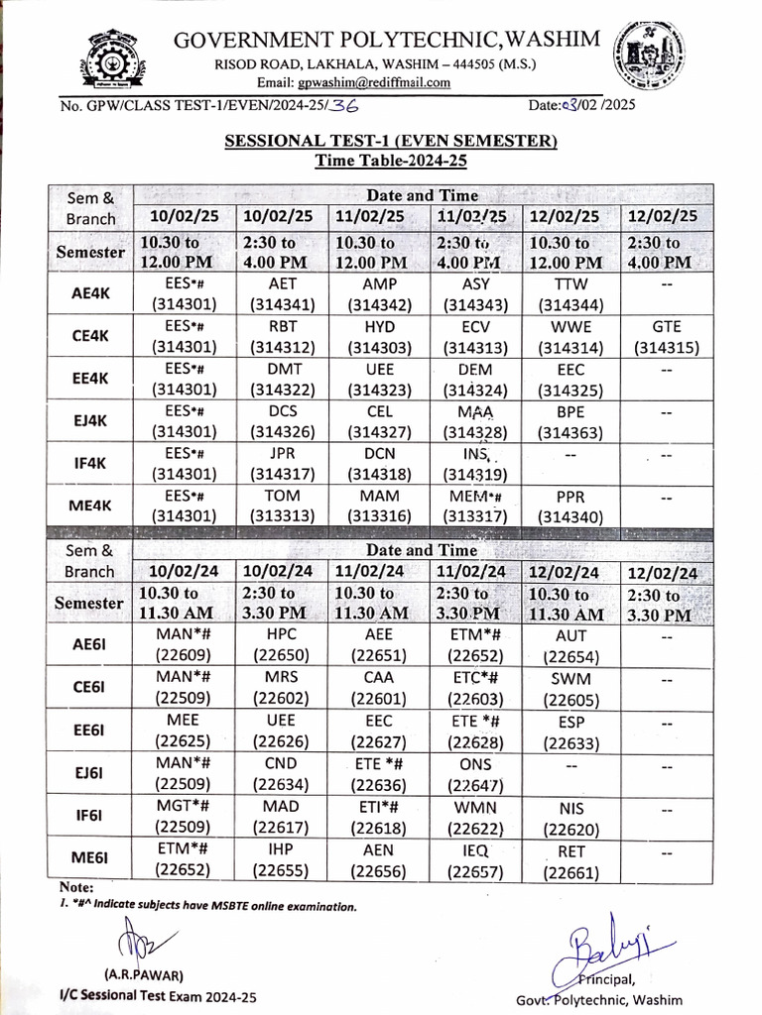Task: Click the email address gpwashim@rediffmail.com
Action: (353, 82)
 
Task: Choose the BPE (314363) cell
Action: (571, 420)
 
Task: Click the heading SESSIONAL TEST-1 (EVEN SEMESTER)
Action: (391, 142)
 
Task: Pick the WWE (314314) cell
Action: (571, 337)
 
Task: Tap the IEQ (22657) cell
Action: (475, 861)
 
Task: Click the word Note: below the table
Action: (76, 887)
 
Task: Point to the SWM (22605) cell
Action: (571, 690)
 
